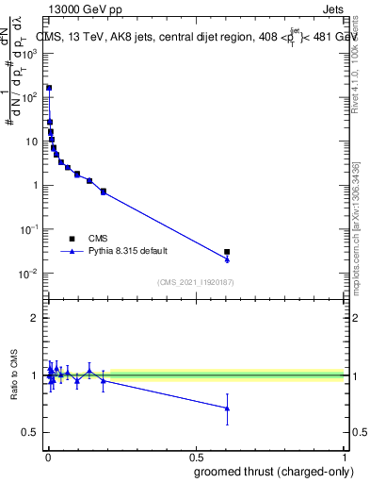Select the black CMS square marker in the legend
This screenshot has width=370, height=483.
[72, 239]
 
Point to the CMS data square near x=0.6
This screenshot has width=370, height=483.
[227, 252]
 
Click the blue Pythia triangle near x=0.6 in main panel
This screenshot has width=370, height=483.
[227, 259]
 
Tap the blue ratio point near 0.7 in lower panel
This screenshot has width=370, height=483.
[227, 408]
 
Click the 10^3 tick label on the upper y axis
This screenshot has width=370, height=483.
[29, 53]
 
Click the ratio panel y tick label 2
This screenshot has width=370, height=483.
[34, 318]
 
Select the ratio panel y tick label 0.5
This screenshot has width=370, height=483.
[30, 433]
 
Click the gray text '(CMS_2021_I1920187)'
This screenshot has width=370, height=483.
[195, 281]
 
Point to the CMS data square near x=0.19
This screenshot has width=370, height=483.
[104, 192]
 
